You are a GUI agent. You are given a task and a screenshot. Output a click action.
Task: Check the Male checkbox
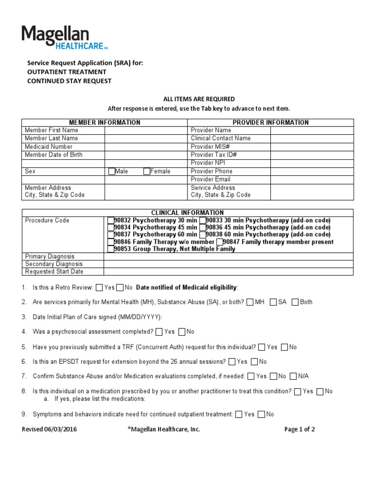pyautogui.click(x=112, y=171)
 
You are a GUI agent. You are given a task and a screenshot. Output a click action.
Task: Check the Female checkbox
pyautogui.click(x=147, y=171)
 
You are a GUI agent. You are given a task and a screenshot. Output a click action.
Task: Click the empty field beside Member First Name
pyautogui.click(x=145, y=130)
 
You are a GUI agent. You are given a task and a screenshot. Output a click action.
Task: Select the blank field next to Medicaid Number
pyautogui.click(x=145, y=147)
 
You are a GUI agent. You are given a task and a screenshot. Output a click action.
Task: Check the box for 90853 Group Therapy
pyautogui.click(x=110, y=249)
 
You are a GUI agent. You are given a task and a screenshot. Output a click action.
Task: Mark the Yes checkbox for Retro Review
pyautogui.click(x=99, y=288)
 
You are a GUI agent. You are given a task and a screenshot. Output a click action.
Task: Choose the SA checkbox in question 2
pyautogui.click(x=273, y=302)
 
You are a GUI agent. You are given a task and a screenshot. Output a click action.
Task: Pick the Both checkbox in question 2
pyautogui.click(x=295, y=302)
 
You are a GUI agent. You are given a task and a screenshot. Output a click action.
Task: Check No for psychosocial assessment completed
pyautogui.click(x=182, y=332)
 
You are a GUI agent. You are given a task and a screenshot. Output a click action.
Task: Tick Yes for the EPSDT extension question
pyautogui.click(x=232, y=361)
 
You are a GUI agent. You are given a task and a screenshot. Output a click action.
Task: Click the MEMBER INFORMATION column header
pyautogui.click(x=105, y=123)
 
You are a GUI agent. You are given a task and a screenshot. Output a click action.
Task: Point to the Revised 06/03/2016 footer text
pyautogui.click(x=49, y=429)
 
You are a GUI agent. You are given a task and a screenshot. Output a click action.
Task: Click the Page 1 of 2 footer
pyautogui.click(x=299, y=429)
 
